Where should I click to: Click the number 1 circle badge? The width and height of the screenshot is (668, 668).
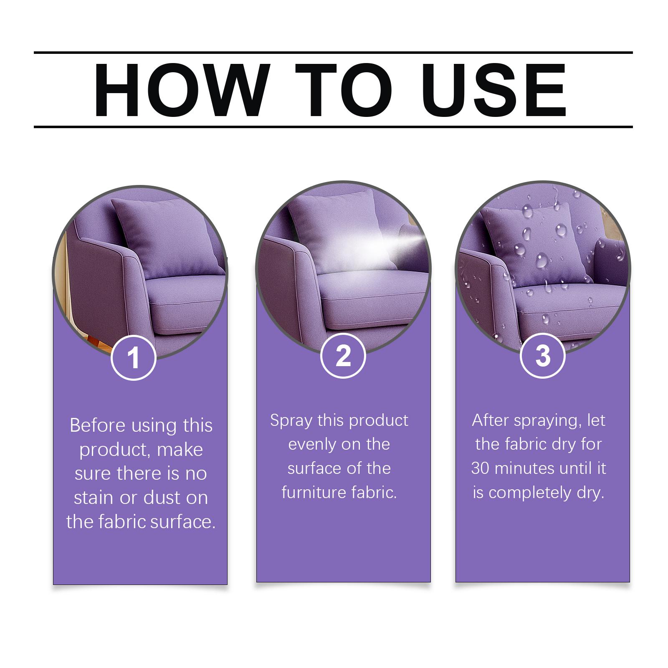pyautogui.click(x=134, y=357)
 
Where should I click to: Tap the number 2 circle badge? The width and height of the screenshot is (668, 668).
pyautogui.click(x=343, y=356)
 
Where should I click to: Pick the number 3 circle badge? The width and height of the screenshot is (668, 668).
pyautogui.click(x=543, y=356)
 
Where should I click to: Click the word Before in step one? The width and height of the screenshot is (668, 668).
pyautogui.click(x=97, y=425)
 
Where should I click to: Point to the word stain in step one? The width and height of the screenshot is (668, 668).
pyautogui.click(x=94, y=498)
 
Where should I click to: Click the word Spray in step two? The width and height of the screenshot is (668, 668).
pyautogui.click(x=291, y=421)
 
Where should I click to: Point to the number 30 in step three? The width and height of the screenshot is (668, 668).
pyautogui.click(x=480, y=468)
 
